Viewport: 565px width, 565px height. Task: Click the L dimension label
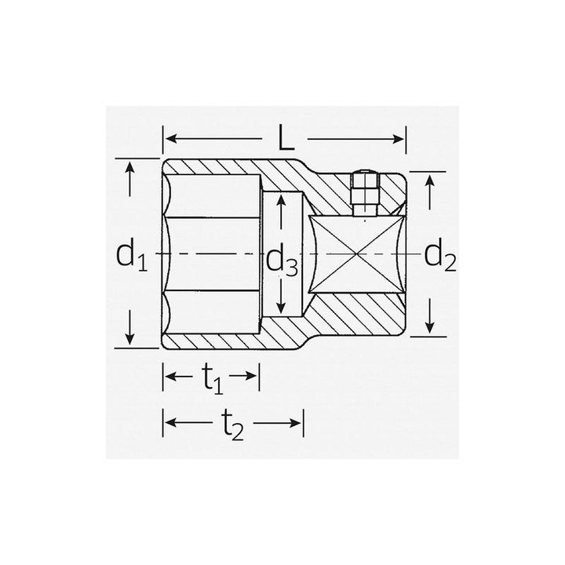click(285, 139)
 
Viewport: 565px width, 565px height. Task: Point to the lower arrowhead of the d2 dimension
click(430, 327)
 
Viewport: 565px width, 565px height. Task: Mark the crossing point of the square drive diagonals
click(357, 254)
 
